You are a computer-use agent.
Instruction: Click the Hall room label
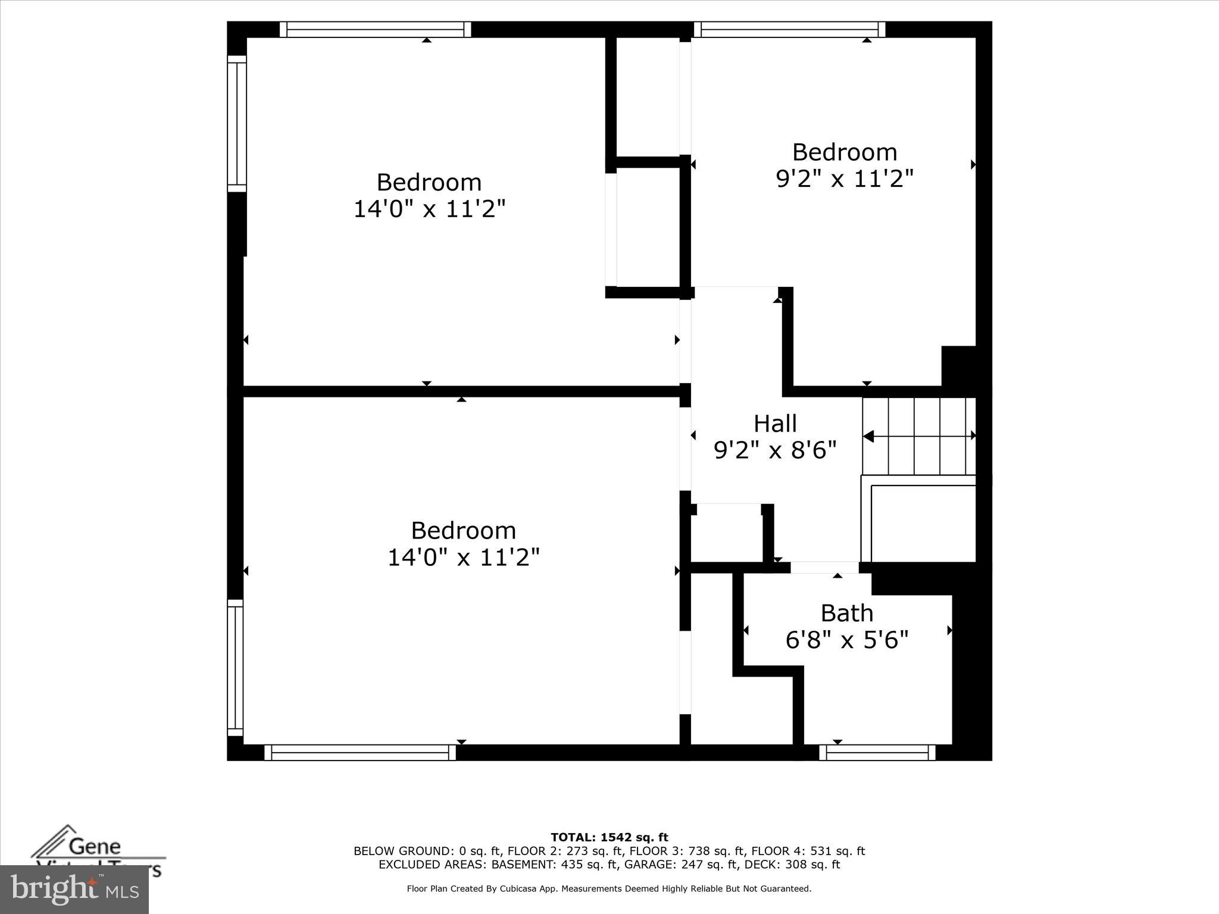point(775,424)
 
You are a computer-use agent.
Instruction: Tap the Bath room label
point(846,613)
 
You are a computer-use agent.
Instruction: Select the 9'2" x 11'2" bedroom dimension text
point(844,179)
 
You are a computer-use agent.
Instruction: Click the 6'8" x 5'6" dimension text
point(846,640)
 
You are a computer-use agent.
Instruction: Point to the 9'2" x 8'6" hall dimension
point(775,450)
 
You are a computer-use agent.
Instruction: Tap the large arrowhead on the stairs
point(868,436)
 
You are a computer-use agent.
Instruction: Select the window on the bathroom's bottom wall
point(877,753)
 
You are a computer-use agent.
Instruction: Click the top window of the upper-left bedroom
point(375,30)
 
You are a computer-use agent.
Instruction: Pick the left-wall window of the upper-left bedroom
point(237,124)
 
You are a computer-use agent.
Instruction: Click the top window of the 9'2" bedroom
point(789,30)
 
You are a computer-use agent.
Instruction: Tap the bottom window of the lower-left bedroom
point(360,753)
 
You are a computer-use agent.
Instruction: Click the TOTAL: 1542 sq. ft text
point(609,838)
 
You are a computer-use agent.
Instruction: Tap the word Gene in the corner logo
point(95,846)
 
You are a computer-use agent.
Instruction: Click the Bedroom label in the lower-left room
point(463,530)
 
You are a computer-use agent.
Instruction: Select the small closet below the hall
point(727,533)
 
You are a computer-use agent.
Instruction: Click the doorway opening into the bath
point(824,568)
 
